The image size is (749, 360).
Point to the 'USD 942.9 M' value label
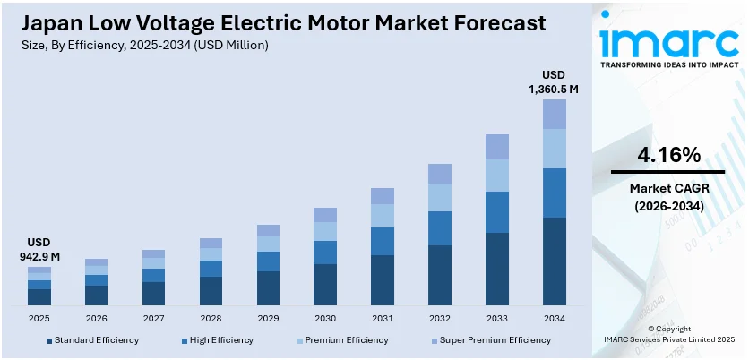[x=39, y=250]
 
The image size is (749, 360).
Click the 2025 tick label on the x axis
[x=39, y=318]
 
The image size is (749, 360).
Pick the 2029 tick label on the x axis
[x=268, y=318]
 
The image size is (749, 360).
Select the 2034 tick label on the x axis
[x=555, y=318]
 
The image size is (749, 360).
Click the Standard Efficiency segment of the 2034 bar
[x=555, y=261]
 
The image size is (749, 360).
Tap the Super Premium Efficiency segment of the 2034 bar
[x=555, y=114]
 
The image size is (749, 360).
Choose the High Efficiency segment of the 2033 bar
[x=497, y=212]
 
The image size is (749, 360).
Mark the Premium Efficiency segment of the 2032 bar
[x=440, y=197]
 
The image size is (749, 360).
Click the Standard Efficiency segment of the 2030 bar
[x=325, y=285]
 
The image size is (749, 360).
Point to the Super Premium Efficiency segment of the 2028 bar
[x=211, y=243]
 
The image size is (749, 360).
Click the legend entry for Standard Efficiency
[x=91, y=340]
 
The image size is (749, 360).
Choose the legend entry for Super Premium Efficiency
[x=488, y=340]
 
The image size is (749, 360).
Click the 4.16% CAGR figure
[x=667, y=155]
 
